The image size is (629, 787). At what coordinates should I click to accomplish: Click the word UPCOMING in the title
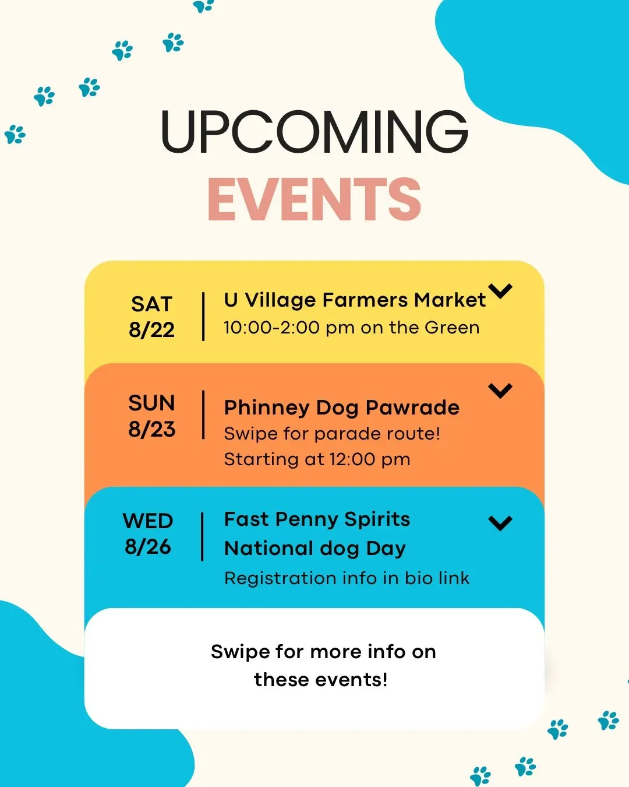[x=314, y=131]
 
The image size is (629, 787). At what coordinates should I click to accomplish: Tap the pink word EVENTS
[x=314, y=199]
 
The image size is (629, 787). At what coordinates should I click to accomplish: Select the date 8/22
[x=151, y=330]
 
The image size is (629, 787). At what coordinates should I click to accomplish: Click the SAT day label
[x=151, y=304]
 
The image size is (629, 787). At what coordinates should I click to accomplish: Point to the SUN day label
[x=151, y=403]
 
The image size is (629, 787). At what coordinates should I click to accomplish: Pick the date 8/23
[x=151, y=429]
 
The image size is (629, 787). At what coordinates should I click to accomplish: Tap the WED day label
[x=148, y=521]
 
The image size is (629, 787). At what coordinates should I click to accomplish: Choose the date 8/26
[x=148, y=547]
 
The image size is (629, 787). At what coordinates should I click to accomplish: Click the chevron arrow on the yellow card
[x=500, y=291]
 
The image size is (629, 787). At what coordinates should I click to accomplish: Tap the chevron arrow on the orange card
[x=500, y=391]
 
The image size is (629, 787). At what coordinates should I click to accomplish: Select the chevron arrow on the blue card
[x=500, y=524]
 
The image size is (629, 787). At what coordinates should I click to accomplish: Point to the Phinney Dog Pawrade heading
[x=342, y=407]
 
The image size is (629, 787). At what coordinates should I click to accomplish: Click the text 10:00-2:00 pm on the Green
[x=352, y=328]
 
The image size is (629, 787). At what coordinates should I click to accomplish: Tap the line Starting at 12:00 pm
[x=317, y=459]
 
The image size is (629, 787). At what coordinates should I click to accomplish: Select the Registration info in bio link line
[x=347, y=578]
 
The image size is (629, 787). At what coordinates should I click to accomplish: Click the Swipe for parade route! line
[x=332, y=434]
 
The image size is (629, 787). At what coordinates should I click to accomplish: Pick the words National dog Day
[x=315, y=549]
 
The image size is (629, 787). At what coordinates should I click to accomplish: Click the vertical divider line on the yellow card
[x=203, y=317]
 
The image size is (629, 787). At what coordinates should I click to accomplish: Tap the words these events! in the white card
[x=320, y=680]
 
